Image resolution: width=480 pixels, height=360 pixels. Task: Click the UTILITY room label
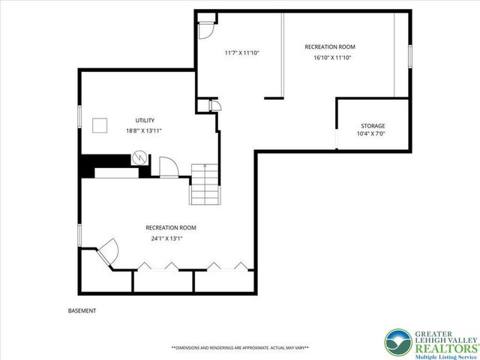[145, 120]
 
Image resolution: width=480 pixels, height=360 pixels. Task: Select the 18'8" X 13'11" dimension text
[145, 130]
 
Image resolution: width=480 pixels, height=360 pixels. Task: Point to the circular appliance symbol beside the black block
[139, 159]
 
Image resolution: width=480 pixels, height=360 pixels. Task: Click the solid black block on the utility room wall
[105, 161]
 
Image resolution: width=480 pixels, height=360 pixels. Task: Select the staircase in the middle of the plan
[205, 184]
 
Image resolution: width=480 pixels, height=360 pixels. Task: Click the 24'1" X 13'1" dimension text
[166, 238]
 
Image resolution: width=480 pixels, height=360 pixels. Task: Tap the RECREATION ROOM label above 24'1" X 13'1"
[170, 227]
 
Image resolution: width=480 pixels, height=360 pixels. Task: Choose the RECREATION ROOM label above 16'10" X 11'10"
[329, 47]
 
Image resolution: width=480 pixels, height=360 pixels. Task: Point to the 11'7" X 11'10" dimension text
[241, 52]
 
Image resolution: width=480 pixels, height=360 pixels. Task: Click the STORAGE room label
[373, 126]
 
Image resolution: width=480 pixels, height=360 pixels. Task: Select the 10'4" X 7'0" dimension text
[373, 135]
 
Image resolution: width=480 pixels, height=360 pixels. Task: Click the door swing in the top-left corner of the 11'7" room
[205, 30]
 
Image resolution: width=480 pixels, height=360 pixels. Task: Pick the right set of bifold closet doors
[225, 266]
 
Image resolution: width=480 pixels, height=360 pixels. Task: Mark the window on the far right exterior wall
[410, 60]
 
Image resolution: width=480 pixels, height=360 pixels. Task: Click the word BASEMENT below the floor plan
[81, 310]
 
